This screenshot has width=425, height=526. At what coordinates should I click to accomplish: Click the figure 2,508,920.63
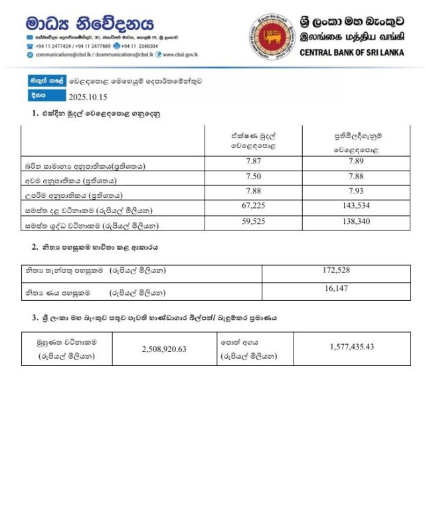tap(164, 348)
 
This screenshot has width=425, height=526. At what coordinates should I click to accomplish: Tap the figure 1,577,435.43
tap(351, 347)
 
